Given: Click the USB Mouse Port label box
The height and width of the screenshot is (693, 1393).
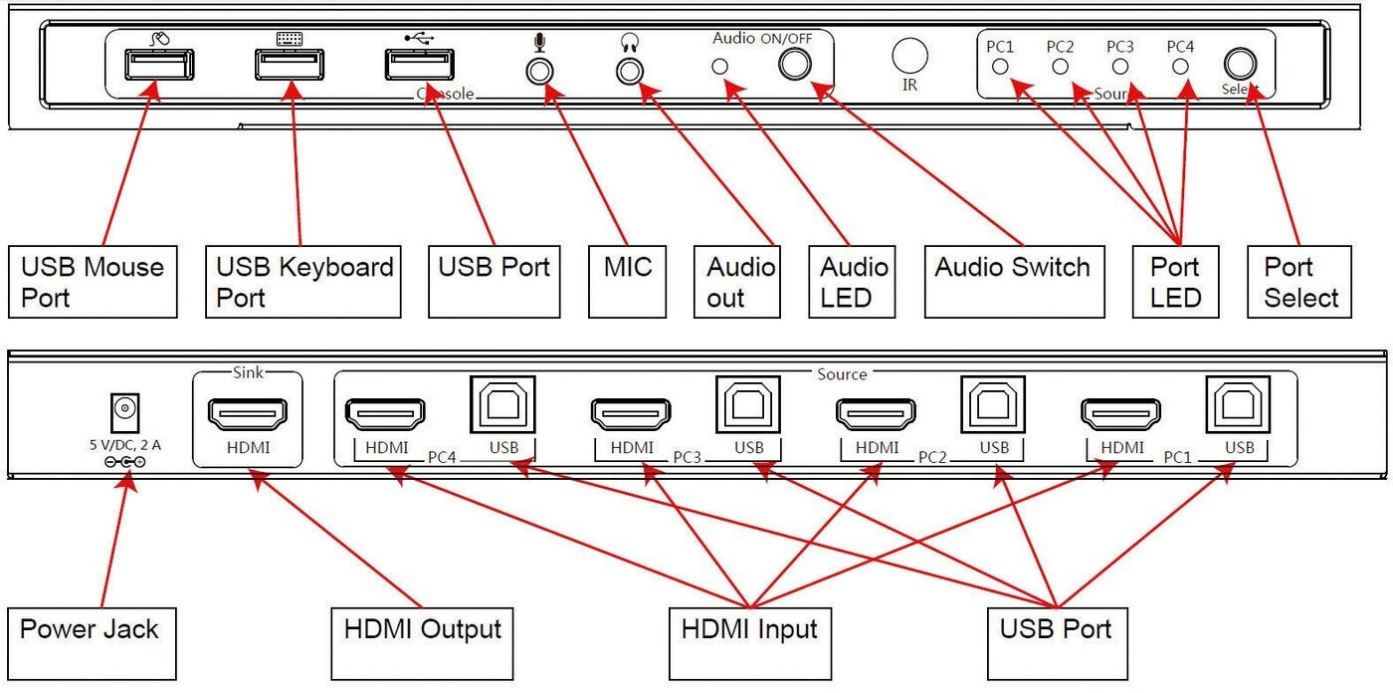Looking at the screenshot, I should (93, 282).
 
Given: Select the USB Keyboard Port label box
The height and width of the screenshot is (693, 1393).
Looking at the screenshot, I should (302, 282).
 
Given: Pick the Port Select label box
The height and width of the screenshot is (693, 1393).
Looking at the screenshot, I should (1299, 282).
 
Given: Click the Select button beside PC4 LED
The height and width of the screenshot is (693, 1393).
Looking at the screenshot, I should (1239, 65).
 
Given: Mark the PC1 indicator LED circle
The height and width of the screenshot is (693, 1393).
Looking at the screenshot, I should (1001, 67).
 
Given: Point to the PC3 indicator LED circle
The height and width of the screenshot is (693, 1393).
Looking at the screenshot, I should (1120, 67).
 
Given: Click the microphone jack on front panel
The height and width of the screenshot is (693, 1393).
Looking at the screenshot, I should (539, 72).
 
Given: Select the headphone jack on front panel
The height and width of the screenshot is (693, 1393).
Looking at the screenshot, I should (630, 72).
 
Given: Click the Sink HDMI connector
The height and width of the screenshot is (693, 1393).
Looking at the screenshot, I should (247, 414).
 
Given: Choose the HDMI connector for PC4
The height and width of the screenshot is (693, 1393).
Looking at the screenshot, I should (384, 414).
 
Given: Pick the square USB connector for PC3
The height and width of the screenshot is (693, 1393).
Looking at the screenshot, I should (748, 404).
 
